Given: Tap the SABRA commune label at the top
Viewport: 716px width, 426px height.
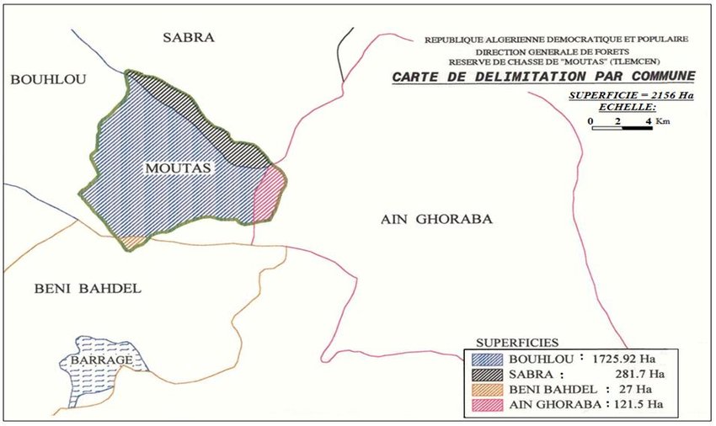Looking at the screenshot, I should (189, 37).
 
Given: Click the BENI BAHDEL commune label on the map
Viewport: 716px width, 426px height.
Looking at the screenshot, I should (88, 289).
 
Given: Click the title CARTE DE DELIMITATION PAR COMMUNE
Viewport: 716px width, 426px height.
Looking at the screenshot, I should (543, 77).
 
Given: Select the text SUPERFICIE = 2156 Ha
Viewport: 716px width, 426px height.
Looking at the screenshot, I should (630, 95).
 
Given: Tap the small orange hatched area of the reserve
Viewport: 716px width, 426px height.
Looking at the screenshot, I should (132, 242).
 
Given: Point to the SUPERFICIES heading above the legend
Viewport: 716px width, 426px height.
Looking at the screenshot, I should (516, 343).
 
